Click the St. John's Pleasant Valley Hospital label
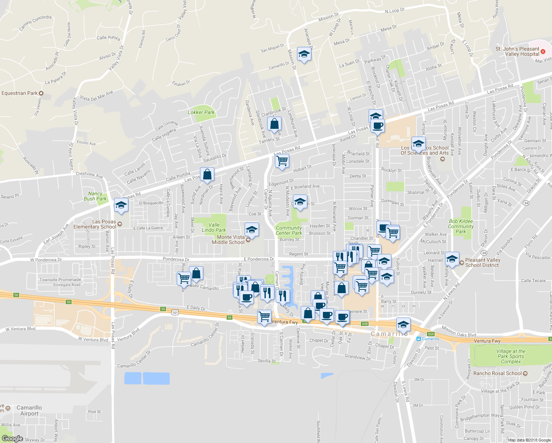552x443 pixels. (517, 51)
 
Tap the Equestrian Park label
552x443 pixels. (20, 93)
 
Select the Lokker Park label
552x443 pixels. (201, 112)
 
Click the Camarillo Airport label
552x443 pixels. (29, 411)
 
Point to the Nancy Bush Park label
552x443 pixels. (95, 196)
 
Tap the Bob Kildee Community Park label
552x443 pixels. (461, 226)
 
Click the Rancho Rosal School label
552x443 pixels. (497, 373)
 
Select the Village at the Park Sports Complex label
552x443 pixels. (511, 356)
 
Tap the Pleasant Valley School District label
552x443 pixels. (483, 262)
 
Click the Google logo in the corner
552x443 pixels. (12, 439)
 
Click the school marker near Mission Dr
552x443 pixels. (304, 55)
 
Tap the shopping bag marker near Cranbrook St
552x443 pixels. (274, 124)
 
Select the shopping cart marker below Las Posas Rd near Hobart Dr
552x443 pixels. (282, 161)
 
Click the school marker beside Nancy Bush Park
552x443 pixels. (121, 205)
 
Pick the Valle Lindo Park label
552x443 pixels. (214, 227)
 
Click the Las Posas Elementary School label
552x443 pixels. (95, 224)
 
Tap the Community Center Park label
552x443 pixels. (289, 230)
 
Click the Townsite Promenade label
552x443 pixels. (60, 279)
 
